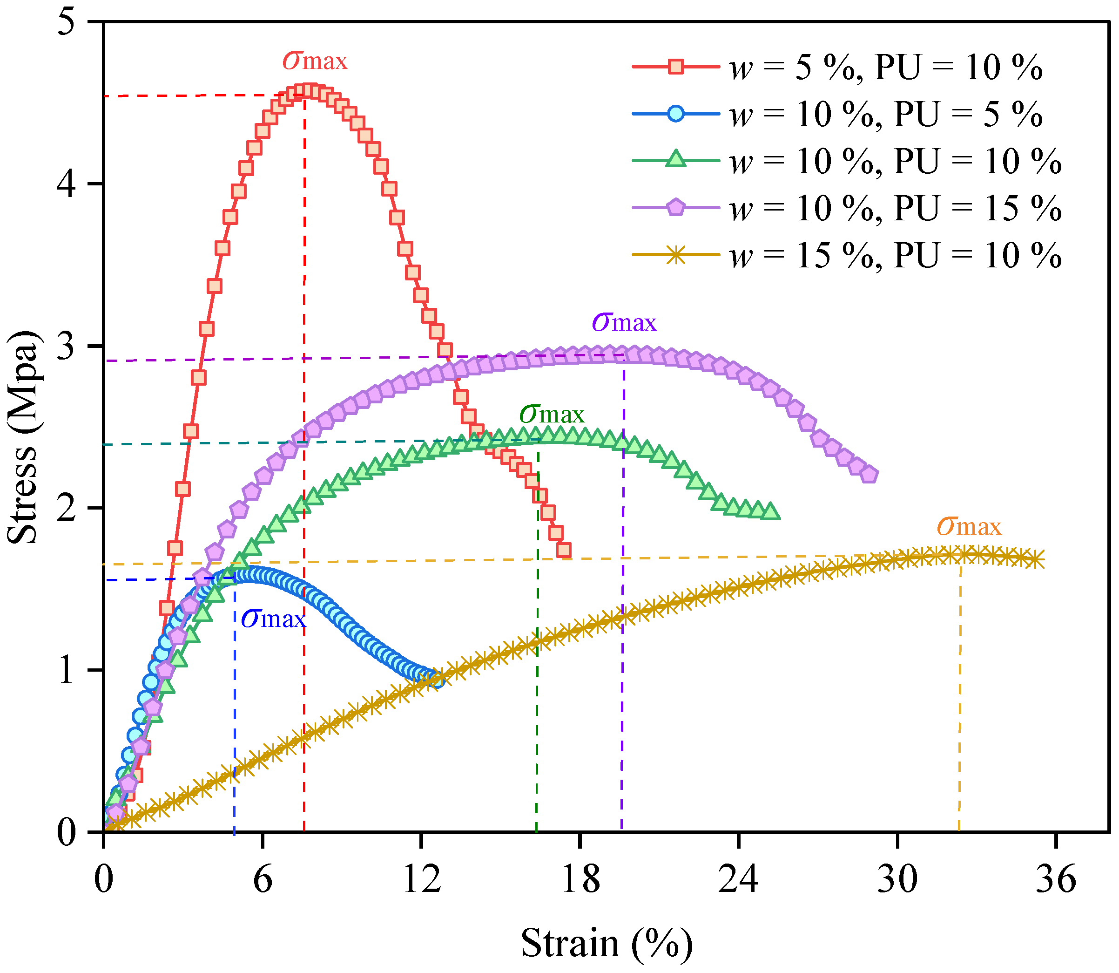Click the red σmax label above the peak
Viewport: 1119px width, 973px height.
click(315, 61)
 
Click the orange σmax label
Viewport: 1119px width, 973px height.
click(969, 527)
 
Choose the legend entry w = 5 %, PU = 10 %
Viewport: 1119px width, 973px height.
click(838, 68)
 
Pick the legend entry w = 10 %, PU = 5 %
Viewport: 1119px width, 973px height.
click(838, 115)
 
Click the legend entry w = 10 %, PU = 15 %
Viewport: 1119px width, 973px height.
click(847, 209)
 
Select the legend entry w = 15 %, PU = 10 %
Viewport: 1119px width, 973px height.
click(847, 255)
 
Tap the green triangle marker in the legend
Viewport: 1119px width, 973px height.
click(675, 159)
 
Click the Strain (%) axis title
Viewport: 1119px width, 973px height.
click(607, 944)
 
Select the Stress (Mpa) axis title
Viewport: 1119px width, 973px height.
click(23, 436)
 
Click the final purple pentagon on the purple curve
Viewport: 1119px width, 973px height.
click(870, 475)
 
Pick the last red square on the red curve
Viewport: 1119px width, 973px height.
click(564, 550)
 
